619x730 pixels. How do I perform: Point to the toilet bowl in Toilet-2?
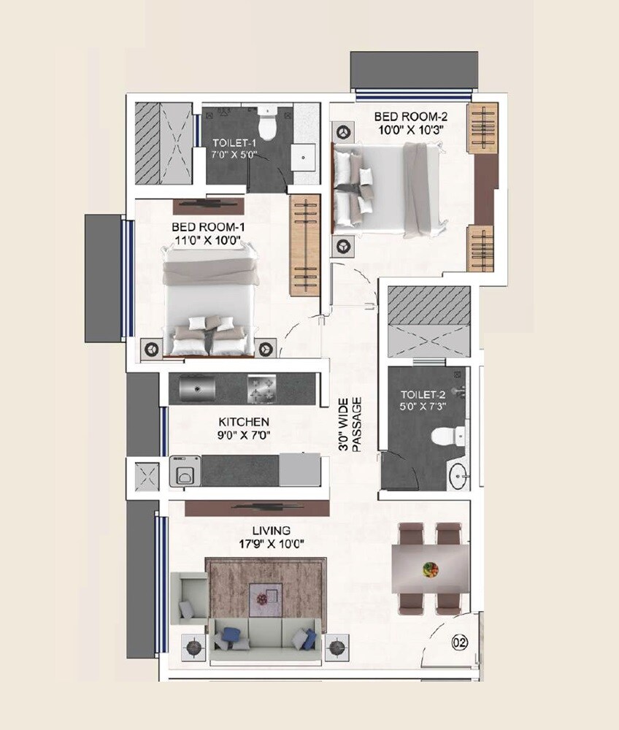[x=444, y=437]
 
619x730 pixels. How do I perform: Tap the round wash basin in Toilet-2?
[x=461, y=476]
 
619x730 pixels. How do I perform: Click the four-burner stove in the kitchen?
[x=263, y=388]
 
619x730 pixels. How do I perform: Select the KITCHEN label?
[x=245, y=422]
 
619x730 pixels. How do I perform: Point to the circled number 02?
[x=458, y=644]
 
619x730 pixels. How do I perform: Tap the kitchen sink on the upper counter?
[x=194, y=388]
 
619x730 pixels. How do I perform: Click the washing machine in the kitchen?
[x=185, y=471]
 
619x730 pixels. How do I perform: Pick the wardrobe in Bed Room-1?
[x=304, y=245]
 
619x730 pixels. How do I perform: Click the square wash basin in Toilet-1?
[x=303, y=155]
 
